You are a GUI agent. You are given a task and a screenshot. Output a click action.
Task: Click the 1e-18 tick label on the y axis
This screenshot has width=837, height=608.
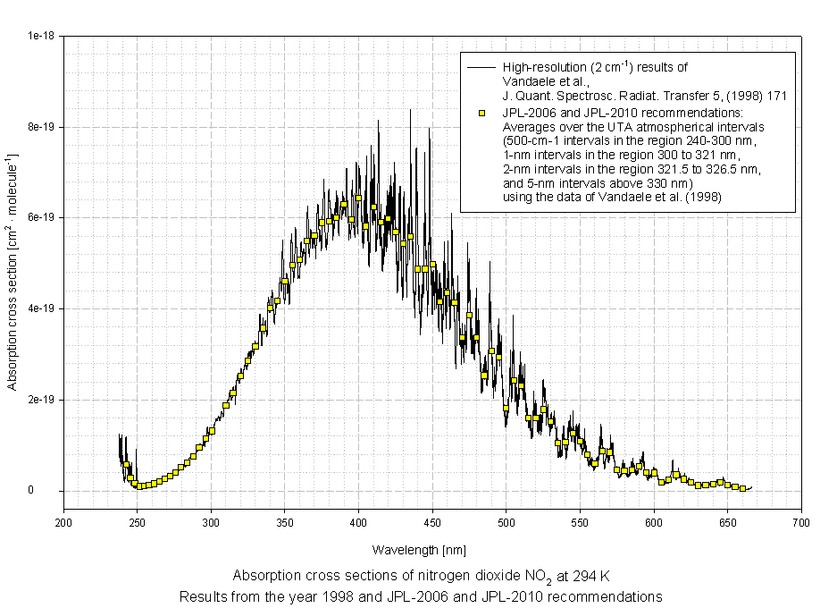click(x=42, y=36)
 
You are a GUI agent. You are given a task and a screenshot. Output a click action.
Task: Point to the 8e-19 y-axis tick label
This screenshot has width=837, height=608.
click(x=42, y=127)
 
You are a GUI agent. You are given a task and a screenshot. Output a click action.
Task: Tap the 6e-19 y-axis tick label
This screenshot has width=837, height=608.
click(x=42, y=218)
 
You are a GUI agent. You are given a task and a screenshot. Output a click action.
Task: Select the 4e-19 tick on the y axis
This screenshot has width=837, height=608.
click(x=42, y=308)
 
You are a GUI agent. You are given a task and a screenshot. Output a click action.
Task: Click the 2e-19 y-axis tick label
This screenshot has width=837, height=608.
click(x=42, y=400)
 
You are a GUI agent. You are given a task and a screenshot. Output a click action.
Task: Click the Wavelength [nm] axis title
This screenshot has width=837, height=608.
click(x=419, y=550)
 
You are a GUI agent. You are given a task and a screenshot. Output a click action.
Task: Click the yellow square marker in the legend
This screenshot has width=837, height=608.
click(x=481, y=113)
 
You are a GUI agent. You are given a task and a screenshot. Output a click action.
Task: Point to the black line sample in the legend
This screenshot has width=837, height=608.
click(x=481, y=67)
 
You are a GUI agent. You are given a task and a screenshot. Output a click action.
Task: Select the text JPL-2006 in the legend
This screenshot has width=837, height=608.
click(x=528, y=113)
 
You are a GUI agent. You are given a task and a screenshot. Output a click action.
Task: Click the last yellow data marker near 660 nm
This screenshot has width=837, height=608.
click(x=742, y=488)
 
